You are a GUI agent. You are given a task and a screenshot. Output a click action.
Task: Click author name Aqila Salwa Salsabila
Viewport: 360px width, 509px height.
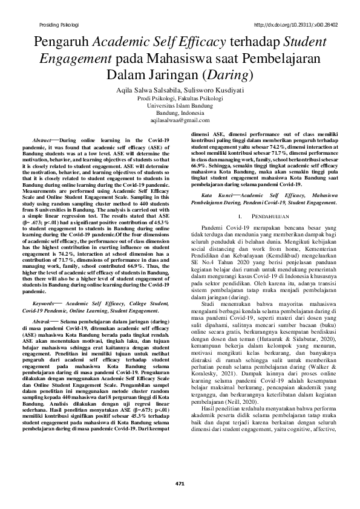point(145,89)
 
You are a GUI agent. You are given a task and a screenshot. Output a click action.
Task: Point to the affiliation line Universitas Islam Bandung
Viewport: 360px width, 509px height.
point(180,105)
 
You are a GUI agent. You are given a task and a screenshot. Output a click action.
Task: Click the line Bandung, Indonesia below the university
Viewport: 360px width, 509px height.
point(180,113)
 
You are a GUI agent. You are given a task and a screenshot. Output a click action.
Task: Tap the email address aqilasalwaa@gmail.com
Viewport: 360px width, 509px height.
point(180,121)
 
